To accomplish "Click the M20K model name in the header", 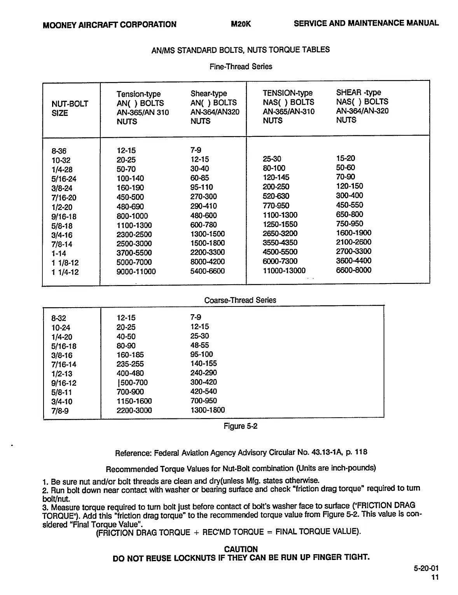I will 241,24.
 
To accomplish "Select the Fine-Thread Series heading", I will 241,66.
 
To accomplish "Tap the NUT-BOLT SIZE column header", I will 70,108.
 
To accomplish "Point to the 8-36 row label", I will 59,151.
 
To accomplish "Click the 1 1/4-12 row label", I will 65,272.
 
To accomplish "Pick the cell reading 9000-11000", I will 136,271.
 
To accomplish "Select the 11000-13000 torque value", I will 284,270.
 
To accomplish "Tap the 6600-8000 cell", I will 354,270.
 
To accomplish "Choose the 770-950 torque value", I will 276,205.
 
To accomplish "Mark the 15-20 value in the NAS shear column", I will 346,158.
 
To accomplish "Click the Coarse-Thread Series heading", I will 240,300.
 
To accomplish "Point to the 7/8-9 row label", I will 60,411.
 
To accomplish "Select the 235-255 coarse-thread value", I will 130,364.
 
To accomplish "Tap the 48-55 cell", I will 200,345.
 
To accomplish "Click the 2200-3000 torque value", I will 134,410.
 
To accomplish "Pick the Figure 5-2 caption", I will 240,426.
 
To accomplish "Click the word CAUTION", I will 241,549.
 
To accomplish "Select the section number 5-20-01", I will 426,569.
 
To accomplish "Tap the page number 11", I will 435,577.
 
